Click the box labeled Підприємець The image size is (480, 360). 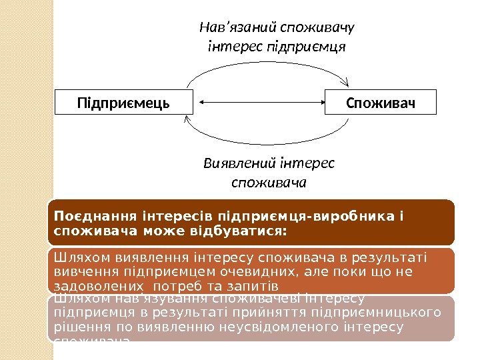[123, 103]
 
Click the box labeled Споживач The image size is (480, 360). [380, 103]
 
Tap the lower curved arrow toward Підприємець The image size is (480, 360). [267, 144]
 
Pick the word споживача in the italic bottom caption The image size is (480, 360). [268, 181]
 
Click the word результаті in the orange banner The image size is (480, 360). [393, 257]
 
